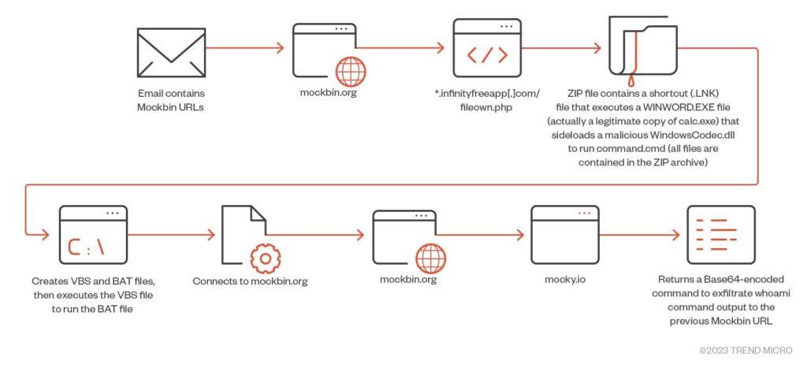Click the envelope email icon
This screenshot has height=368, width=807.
(171, 53)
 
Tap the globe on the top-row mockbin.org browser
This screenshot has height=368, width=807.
(351, 72)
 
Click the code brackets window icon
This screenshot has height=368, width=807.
(487, 48)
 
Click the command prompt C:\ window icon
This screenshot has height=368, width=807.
(94, 234)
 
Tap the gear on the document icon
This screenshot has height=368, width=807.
(266, 258)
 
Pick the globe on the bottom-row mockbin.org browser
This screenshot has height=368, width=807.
(431, 258)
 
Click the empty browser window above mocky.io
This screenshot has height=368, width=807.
(564, 234)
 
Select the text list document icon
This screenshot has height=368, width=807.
(721, 234)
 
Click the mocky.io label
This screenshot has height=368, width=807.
(565, 280)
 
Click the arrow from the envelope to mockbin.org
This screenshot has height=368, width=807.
(244, 48)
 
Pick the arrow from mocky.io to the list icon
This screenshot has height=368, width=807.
(639, 235)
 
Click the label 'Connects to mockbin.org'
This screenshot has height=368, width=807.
(250, 281)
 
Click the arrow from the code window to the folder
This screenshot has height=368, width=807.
(561, 48)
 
